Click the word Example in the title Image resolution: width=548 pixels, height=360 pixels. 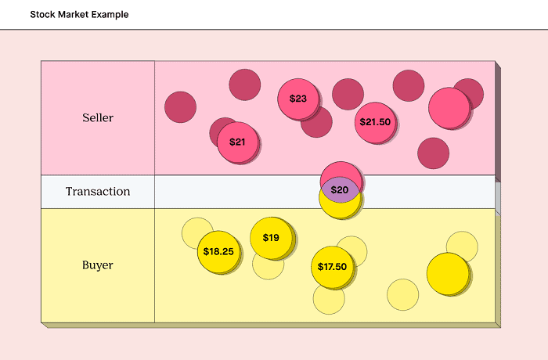click(x=108, y=15)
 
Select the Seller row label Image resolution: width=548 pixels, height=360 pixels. click(x=98, y=118)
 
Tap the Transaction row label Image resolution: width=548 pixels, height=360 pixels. click(x=98, y=192)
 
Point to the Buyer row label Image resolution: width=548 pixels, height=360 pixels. click(x=98, y=265)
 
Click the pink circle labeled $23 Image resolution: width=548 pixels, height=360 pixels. click(x=298, y=99)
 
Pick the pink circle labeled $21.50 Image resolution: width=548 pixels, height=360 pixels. click(x=375, y=122)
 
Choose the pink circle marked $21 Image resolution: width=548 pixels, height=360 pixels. click(x=237, y=142)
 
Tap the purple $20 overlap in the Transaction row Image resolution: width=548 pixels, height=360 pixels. click(x=340, y=190)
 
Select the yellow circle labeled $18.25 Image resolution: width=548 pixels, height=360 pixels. click(x=218, y=252)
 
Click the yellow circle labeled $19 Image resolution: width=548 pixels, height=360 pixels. click(x=271, y=237)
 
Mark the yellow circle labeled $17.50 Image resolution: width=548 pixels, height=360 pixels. click(x=332, y=267)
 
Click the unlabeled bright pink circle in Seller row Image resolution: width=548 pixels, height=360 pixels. click(x=449, y=108)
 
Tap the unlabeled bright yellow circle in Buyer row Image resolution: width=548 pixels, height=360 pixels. click(x=447, y=274)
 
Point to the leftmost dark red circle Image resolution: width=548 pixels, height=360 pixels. click(x=180, y=107)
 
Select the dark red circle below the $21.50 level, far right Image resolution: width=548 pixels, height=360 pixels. click(x=433, y=153)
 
